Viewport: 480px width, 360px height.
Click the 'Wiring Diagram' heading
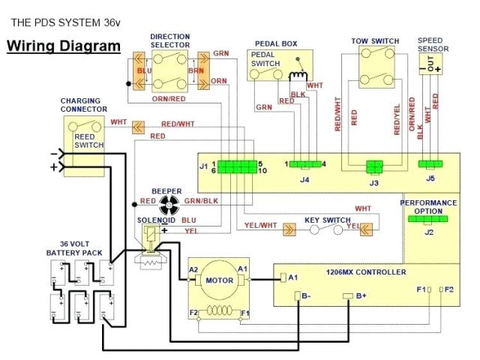click(63, 46)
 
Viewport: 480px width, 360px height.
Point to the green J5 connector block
click(430, 164)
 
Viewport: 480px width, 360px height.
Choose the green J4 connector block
click(304, 164)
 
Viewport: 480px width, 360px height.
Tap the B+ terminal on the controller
click(348, 296)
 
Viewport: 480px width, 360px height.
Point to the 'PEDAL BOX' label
click(275, 44)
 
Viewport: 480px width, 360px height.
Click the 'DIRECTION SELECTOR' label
click(169, 40)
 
